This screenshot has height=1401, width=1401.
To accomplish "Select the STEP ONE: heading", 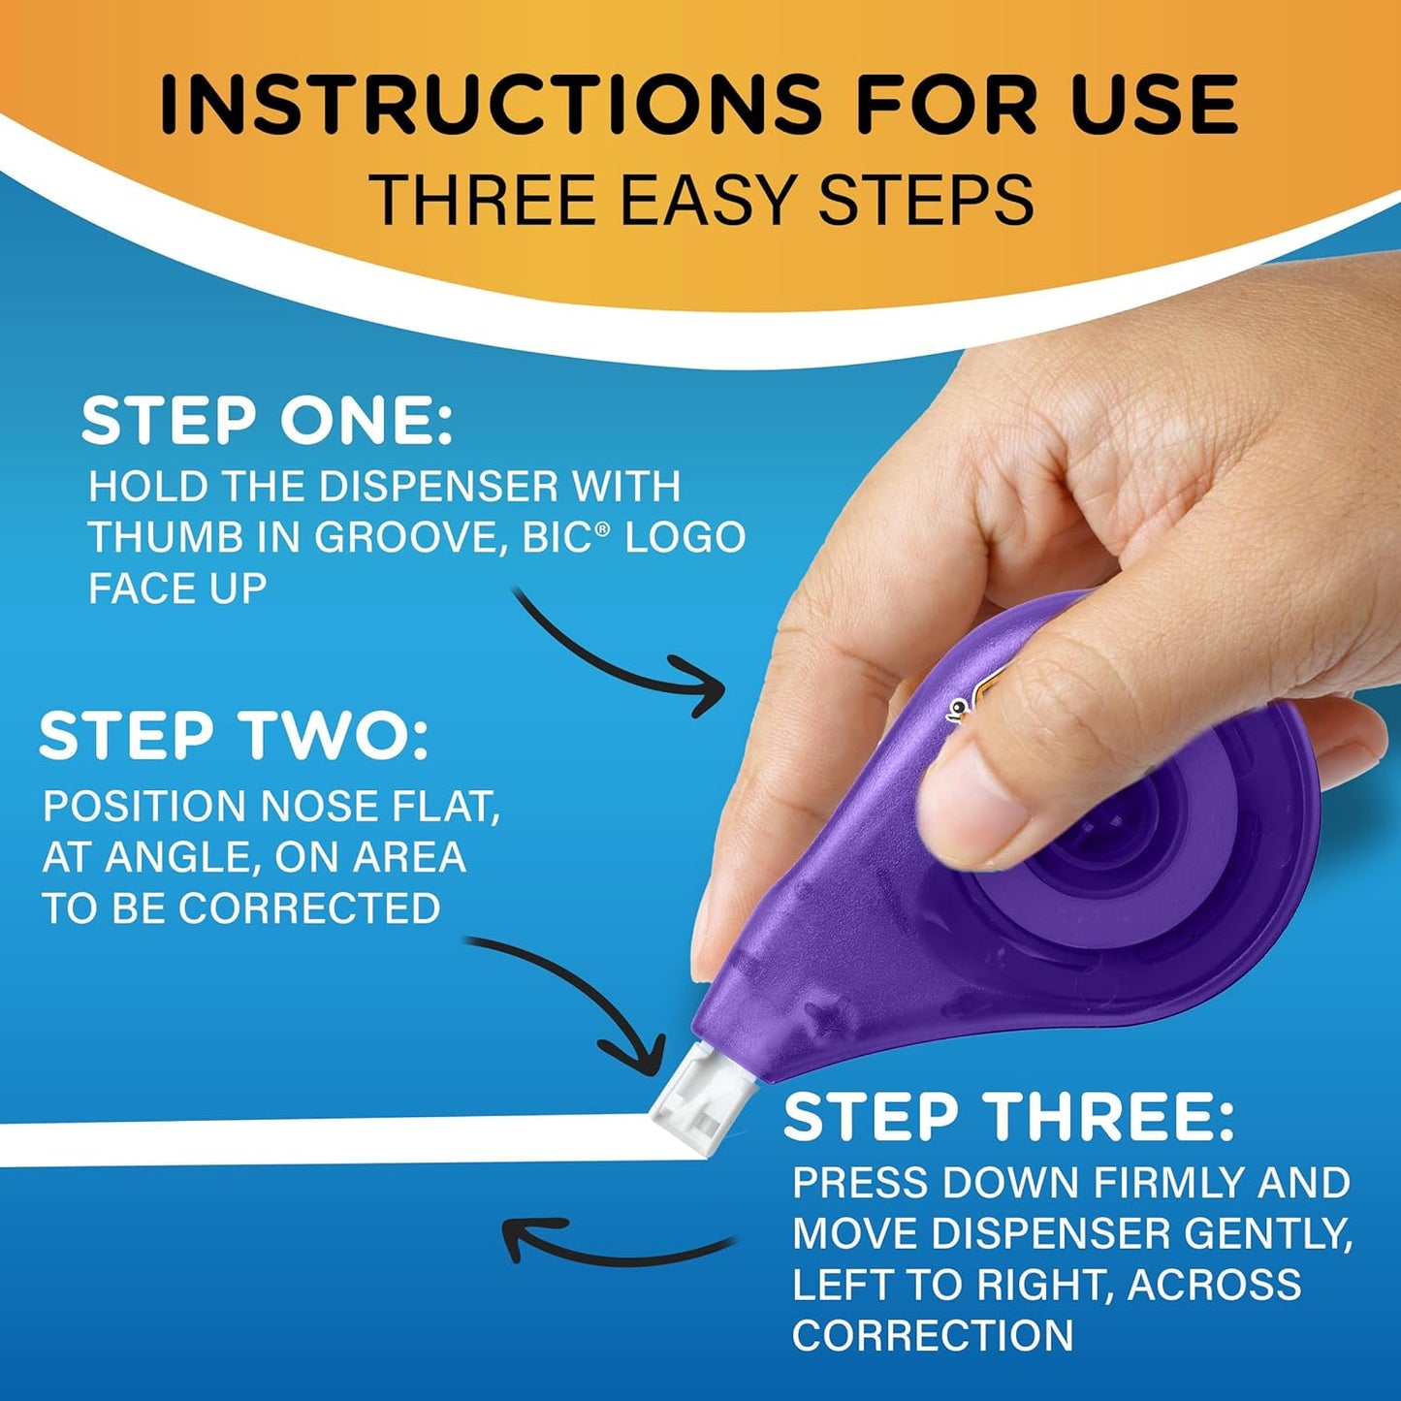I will pyautogui.click(x=267, y=422).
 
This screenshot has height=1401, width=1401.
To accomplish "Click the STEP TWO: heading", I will pyautogui.click(x=233, y=736).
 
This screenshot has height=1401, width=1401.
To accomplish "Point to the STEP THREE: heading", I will pyautogui.click(x=1008, y=1117).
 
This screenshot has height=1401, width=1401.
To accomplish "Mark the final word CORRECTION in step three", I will pyautogui.click(x=933, y=1335).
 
